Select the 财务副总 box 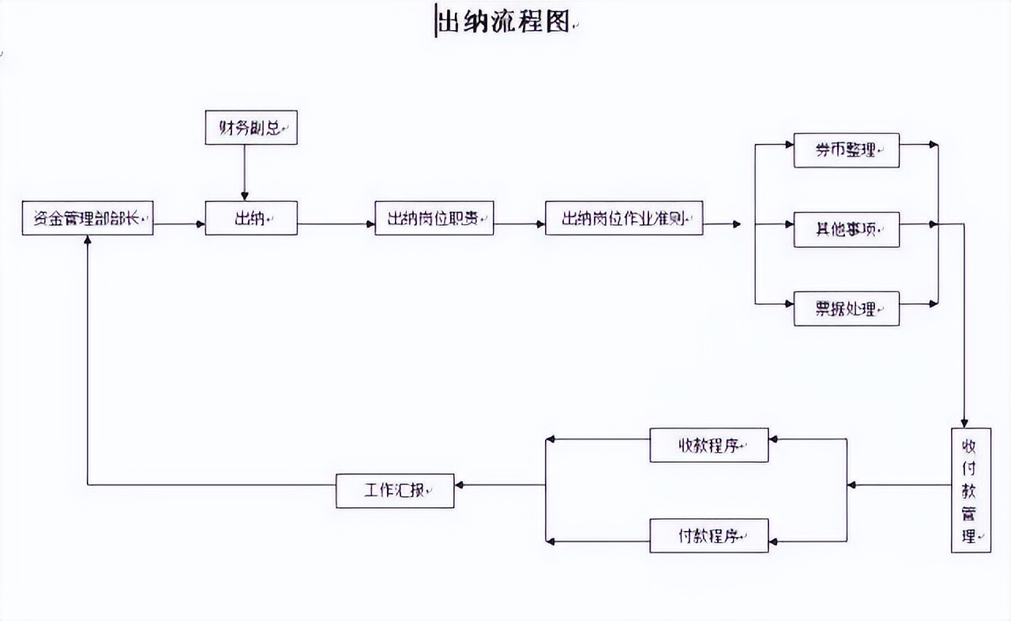251,127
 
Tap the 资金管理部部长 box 87,218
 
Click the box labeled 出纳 251,218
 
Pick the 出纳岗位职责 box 434,218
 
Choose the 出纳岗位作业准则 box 624,218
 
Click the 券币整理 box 846,150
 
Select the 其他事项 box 846,230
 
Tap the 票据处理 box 846,309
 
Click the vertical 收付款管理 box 971,490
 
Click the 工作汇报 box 395,491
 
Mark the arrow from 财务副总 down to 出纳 244,172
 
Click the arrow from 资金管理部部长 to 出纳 179,224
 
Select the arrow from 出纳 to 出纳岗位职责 336,224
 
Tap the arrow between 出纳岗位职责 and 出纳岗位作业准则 519,224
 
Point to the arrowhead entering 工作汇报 460,485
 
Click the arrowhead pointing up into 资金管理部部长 87,240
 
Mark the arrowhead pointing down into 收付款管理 964,422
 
